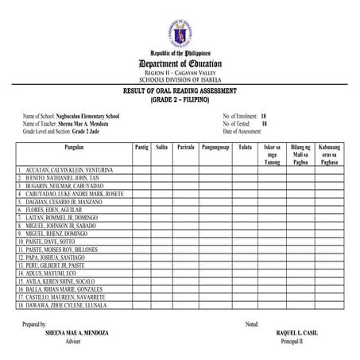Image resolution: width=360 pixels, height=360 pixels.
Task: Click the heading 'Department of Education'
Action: click(x=180, y=63)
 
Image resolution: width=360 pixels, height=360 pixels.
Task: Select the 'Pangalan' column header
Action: click(x=73, y=148)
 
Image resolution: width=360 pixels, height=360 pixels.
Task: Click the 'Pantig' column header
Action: click(x=141, y=148)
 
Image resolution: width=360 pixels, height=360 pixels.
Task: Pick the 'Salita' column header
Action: click(x=162, y=148)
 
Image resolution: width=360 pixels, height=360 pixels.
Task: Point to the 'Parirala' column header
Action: click(x=186, y=148)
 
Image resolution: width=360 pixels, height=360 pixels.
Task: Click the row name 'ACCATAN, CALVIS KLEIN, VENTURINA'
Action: click(x=67, y=170)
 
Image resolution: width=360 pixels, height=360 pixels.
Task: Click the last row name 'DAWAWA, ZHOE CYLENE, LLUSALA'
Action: click(x=67, y=305)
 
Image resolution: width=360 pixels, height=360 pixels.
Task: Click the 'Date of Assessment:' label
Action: click(x=245, y=130)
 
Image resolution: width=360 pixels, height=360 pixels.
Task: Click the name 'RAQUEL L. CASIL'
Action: click(x=293, y=332)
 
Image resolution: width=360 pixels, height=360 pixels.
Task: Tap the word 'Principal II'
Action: click(x=293, y=341)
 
